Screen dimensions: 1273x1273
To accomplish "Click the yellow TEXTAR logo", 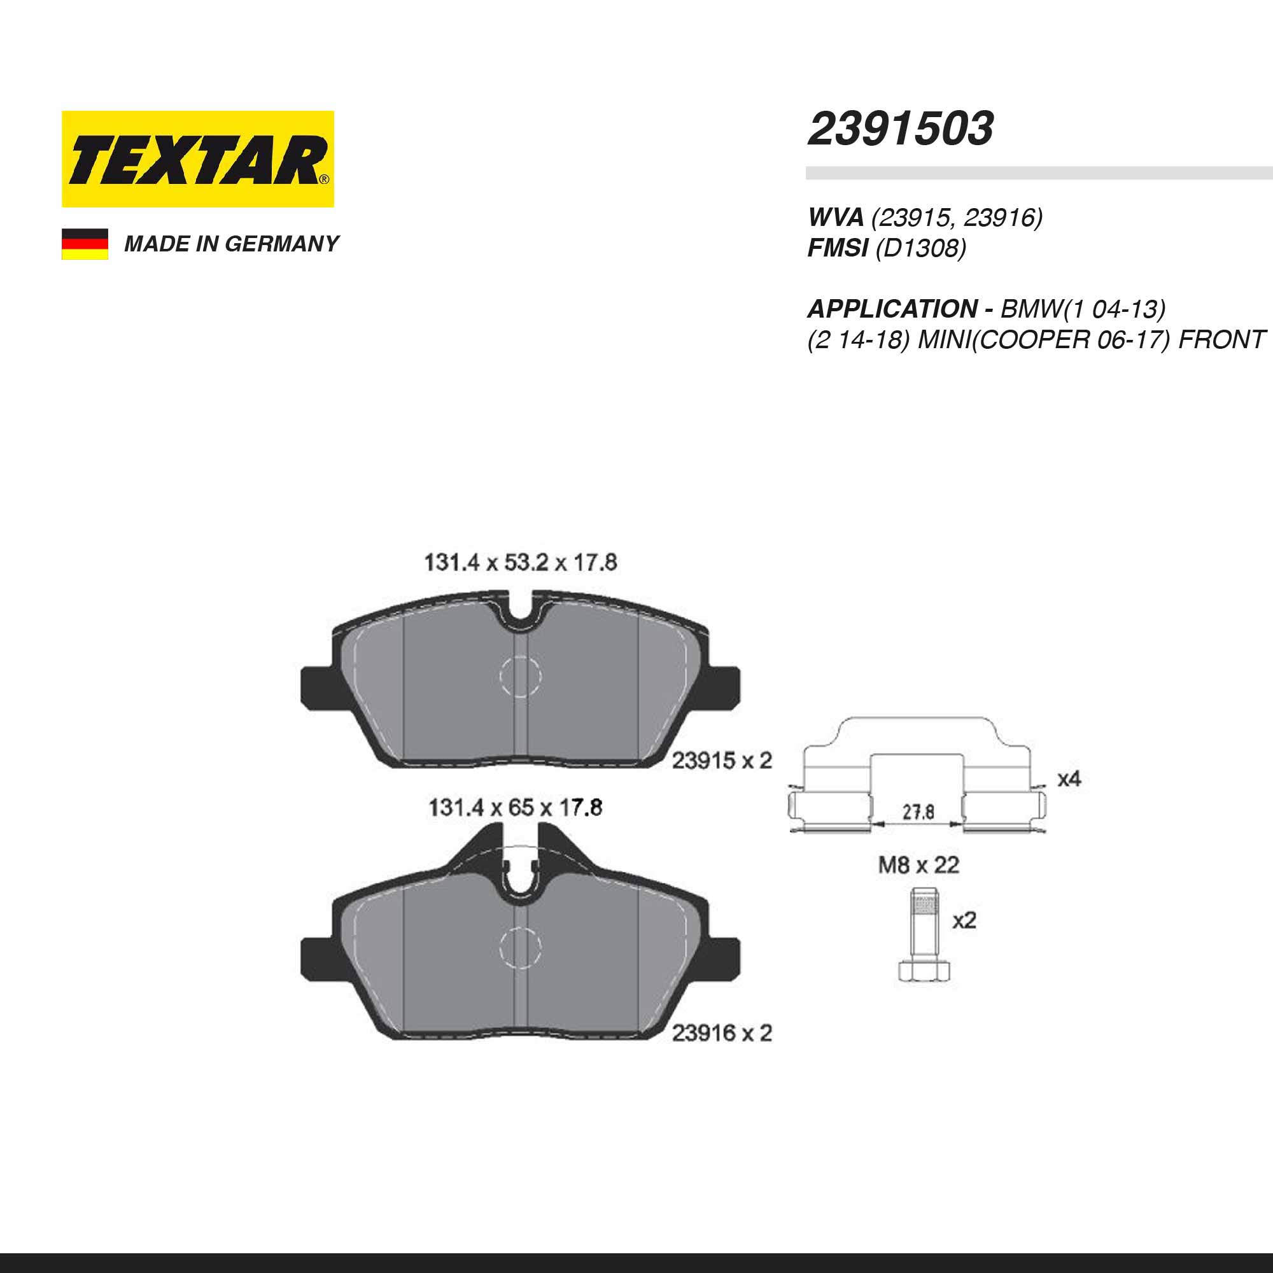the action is click(198, 158).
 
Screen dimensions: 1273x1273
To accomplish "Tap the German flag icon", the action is click(85, 244).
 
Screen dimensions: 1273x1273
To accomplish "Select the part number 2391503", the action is click(901, 129).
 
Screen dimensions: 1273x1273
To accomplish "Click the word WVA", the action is click(836, 217).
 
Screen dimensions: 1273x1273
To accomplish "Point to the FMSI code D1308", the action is click(921, 248).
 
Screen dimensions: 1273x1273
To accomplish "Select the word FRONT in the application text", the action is click(1221, 339).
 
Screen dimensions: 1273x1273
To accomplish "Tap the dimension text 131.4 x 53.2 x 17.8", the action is click(521, 563).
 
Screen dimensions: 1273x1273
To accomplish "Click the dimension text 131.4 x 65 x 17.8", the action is click(516, 808).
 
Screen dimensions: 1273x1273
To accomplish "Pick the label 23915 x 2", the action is click(722, 761).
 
